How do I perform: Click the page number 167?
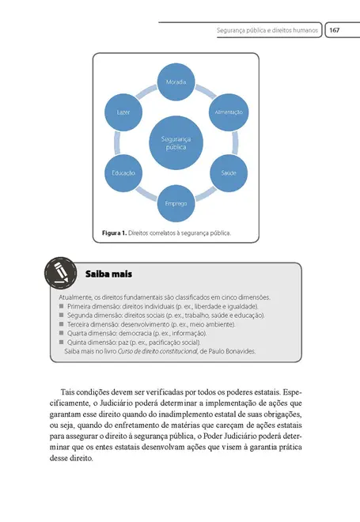coord(335,30)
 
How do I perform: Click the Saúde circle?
coord(229,172)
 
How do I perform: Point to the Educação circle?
coord(123,172)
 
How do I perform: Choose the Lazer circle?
coord(125,112)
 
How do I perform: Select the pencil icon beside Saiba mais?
coord(61,274)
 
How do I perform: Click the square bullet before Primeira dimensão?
coord(62,305)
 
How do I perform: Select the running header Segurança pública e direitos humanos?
coord(268,30)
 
